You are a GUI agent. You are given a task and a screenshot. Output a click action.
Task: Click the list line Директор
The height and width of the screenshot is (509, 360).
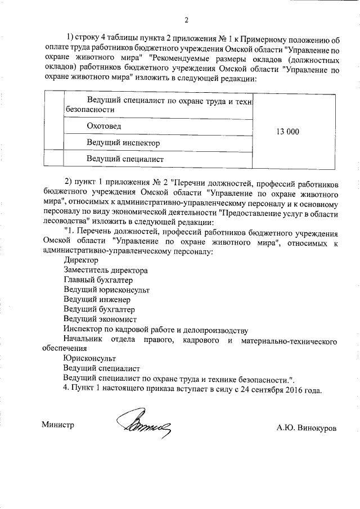pyautogui.click(x=81, y=260)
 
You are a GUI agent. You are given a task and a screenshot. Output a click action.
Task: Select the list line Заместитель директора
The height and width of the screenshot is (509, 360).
pyautogui.click(x=106, y=271)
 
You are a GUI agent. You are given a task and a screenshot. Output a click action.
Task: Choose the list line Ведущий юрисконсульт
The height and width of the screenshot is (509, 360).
pyautogui.click(x=106, y=290)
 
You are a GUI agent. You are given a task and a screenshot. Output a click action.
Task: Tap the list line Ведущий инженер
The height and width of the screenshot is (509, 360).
pyautogui.click(x=97, y=300)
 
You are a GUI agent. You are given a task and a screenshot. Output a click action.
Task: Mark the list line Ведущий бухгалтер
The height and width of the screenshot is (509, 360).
pyautogui.click(x=99, y=309)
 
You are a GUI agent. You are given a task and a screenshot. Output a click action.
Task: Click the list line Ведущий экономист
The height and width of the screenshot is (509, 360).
pyautogui.click(x=100, y=319)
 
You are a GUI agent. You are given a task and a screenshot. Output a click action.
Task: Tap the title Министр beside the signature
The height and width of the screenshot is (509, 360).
pyautogui.click(x=58, y=425)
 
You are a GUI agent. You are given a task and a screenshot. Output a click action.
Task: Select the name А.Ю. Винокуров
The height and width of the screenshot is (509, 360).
pyautogui.click(x=307, y=427)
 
